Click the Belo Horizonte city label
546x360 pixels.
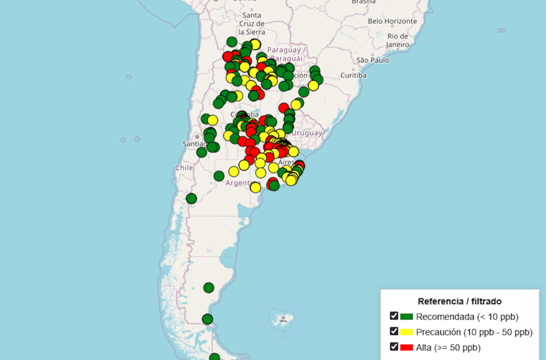[392, 21]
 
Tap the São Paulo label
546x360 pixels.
[373, 60]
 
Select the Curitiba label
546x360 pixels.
[354, 75]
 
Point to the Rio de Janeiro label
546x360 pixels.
[398, 40]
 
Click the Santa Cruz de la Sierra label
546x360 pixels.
[252, 23]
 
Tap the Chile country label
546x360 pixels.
[184, 167]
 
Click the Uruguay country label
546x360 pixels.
[307, 133]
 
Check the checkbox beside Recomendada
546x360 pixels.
[394, 316]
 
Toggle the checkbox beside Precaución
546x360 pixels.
[394, 331]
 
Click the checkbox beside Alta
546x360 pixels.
[394, 347]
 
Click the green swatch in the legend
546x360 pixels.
[407, 316]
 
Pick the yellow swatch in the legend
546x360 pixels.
[407, 332]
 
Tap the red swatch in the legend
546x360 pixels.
[407, 347]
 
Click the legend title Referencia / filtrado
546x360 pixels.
[459, 301]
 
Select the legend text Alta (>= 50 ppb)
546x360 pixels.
[448, 348]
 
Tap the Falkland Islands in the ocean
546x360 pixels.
[280, 319]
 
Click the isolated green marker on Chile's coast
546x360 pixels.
[191, 198]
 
